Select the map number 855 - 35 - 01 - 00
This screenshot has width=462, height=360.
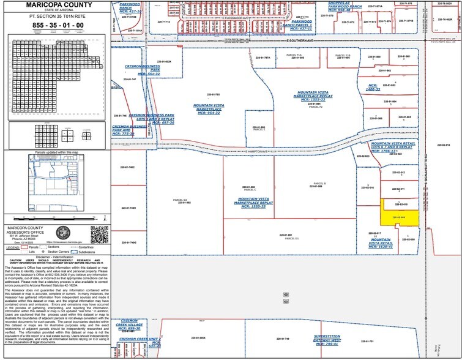[54, 25]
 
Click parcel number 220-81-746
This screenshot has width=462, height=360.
[120, 115]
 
